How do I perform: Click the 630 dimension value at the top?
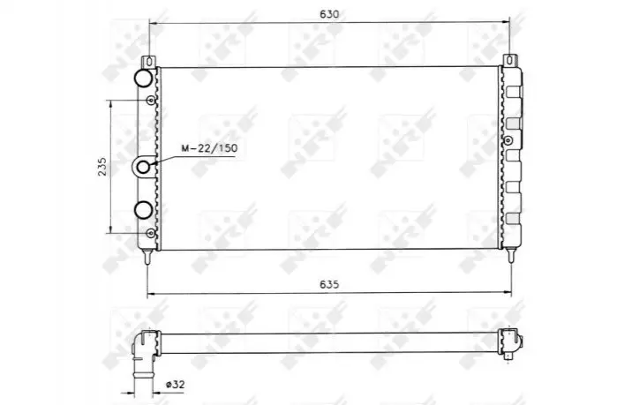pos(329,14)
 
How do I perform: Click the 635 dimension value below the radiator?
pos(329,284)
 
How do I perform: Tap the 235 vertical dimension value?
pos(102,167)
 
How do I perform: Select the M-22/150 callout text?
pos(209,148)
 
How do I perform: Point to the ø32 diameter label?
pos(175,384)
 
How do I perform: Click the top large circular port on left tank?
pos(143,78)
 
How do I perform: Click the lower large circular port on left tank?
pos(143,210)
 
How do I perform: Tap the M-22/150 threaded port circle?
pos(143,167)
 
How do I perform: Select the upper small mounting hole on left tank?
pos(151,101)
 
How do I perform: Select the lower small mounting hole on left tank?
pos(151,234)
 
